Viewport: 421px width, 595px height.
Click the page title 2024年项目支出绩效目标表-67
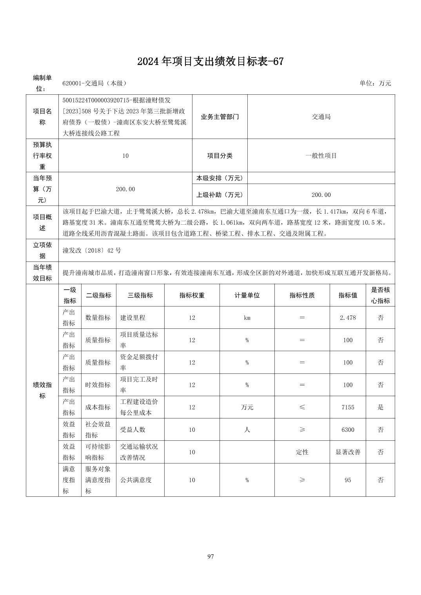(x=210, y=61)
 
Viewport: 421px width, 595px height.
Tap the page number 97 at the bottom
(x=210, y=556)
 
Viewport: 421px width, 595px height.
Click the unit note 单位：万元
(x=375, y=83)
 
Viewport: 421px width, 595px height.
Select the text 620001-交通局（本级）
(x=94, y=83)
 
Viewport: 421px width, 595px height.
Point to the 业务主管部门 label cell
(x=220, y=117)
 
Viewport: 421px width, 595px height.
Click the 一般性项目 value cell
(x=321, y=155)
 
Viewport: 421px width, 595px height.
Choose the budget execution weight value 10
(x=125, y=155)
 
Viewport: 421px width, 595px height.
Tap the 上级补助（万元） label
(x=220, y=195)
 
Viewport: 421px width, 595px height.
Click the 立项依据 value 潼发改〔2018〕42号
(x=92, y=250)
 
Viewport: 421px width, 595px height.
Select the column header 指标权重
(x=192, y=295)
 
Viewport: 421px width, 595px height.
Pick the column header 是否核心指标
(x=380, y=295)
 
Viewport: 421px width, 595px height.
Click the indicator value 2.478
(x=348, y=317)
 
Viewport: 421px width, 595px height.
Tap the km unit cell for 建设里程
(x=247, y=317)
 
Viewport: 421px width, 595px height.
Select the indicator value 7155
(x=348, y=407)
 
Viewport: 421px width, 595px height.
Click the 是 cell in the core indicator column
(x=380, y=407)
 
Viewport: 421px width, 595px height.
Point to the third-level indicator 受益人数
(x=132, y=429)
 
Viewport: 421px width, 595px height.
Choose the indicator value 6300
(x=348, y=429)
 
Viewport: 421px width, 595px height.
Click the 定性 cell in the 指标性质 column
(x=302, y=452)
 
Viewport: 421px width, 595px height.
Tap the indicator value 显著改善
(x=348, y=452)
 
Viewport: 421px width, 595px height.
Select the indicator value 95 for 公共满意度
(x=348, y=480)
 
